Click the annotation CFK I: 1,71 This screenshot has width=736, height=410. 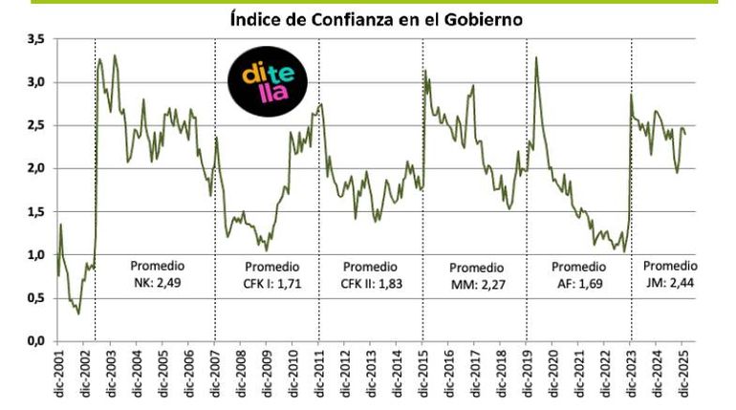coord(272,284)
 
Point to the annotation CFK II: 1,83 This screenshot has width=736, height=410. coord(371,284)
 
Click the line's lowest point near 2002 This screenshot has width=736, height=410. coord(78,313)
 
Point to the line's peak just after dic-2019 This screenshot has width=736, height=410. coord(536,58)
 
